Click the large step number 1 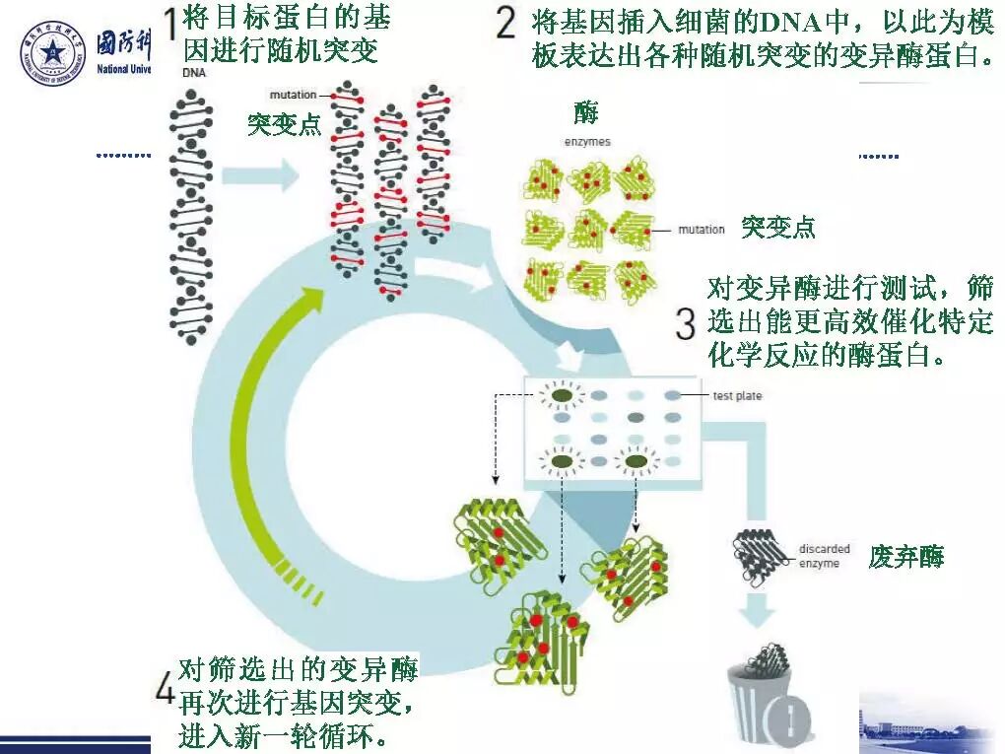[x=169, y=25]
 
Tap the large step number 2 [x=505, y=22]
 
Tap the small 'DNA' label [x=193, y=73]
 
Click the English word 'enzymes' [x=587, y=142]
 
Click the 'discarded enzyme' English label [x=824, y=556]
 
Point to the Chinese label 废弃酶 [x=906, y=557]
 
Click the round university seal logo [x=53, y=54]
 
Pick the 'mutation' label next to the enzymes [x=701, y=230]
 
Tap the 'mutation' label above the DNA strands [x=294, y=95]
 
